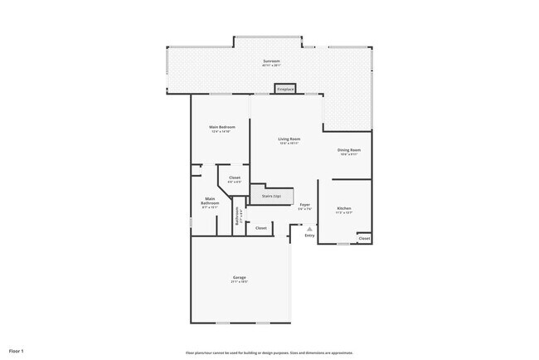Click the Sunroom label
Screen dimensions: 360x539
click(x=271, y=61)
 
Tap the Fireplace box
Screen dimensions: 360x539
click(x=285, y=88)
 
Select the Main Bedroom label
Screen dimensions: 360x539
click(x=221, y=127)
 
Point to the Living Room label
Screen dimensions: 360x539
click(x=289, y=139)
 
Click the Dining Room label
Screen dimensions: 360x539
click(x=348, y=150)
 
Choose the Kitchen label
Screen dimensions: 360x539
click(x=344, y=207)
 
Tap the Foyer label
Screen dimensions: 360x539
click(x=304, y=204)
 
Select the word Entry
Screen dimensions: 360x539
click(x=309, y=236)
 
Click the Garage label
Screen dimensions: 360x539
click(x=239, y=277)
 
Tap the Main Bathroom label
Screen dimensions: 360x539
click(x=211, y=200)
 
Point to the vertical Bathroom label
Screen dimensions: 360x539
click(x=238, y=215)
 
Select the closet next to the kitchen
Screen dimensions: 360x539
click(x=364, y=238)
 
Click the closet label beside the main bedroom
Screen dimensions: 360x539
click(x=235, y=177)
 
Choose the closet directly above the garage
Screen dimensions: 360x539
click(x=260, y=227)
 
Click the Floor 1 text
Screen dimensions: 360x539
click(x=17, y=351)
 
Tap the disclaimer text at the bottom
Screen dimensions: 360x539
click(x=269, y=352)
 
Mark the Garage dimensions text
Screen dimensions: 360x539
click(x=239, y=282)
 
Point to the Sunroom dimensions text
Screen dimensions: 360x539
click(x=271, y=66)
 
